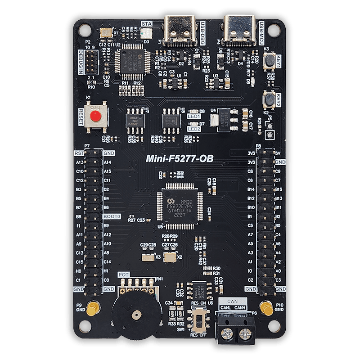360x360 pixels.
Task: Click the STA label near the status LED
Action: pos(147,23)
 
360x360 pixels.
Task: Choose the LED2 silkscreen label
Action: pos(194,129)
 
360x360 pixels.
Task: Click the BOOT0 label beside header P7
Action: pos(112,216)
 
